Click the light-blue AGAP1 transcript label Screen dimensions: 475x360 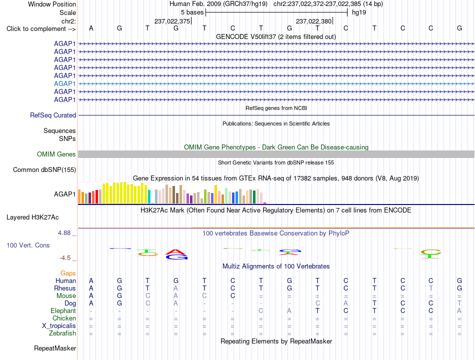64,83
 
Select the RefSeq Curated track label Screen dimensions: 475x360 53,115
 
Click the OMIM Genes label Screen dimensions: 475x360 56,154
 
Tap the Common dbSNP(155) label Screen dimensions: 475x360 44,169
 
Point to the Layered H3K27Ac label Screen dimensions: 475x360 32,217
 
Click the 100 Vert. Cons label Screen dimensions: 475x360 28,245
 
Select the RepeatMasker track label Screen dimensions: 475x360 55,348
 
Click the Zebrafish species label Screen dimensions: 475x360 62,333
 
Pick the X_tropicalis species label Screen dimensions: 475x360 59,326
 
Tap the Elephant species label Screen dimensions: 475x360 63,310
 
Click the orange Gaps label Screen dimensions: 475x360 68,273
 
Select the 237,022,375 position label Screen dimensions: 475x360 172,21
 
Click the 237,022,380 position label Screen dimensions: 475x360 313,21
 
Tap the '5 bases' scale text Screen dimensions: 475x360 192,12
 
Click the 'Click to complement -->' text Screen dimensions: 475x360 41,29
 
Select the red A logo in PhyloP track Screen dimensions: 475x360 176,252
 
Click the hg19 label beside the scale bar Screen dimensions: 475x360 359,12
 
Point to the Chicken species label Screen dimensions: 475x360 64,318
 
